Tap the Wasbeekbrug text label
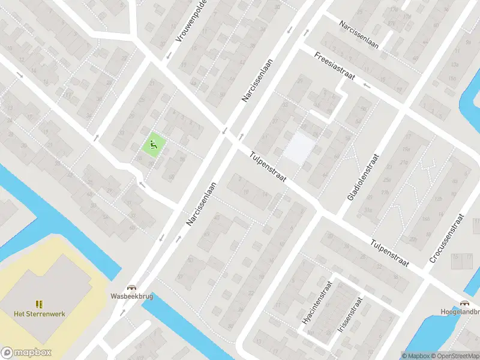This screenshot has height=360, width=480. click(130, 296)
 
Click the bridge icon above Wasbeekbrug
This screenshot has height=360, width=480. click(130, 287)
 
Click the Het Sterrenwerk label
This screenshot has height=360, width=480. click(40, 313)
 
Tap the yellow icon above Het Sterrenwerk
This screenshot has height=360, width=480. click(40, 304)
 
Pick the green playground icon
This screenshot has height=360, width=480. click(153, 143)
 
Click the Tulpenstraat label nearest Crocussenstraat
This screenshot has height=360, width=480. click(389, 254)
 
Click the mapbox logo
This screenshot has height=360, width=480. click(26, 353)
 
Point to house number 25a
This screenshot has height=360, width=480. click(387, 181)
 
